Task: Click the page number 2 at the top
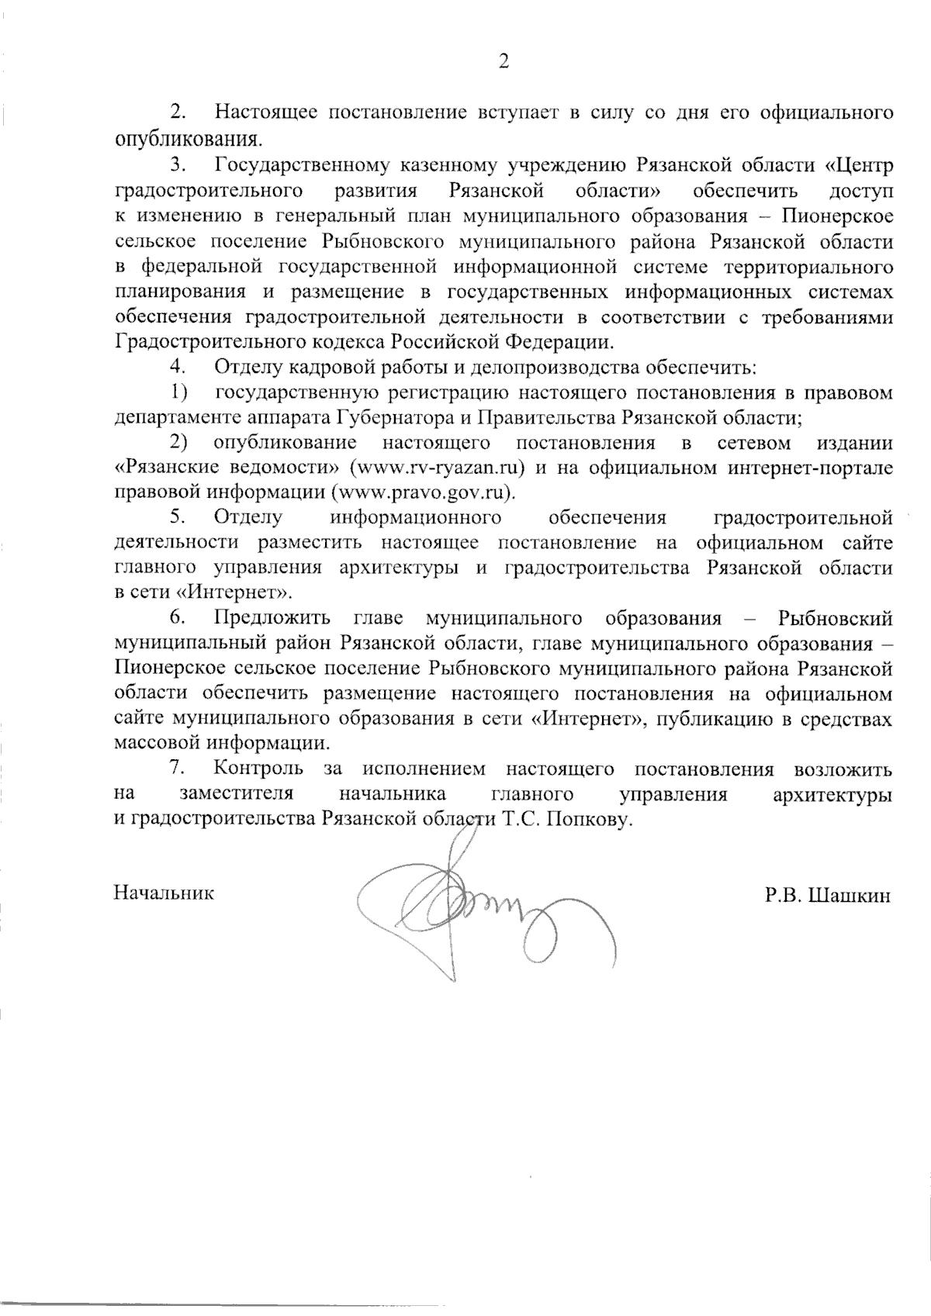pos(503,63)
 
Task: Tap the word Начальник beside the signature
pos(164,893)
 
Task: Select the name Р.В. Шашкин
pos(827,896)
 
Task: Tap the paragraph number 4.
pos(178,367)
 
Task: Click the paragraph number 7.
pos(177,769)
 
